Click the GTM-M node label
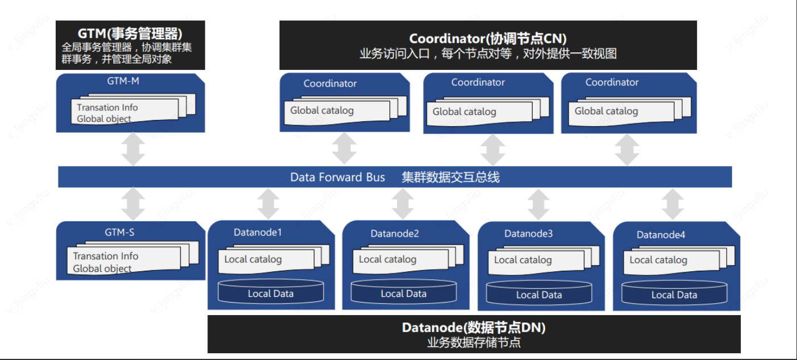pyautogui.click(x=123, y=81)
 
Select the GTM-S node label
pyautogui.click(x=119, y=232)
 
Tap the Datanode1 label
pyautogui.click(x=258, y=232)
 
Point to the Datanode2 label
pyautogui.click(x=395, y=233)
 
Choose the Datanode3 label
pyautogui.click(x=528, y=233)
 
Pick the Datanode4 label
pyautogui.click(x=661, y=234)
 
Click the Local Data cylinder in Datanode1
pyautogui.click(x=271, y=293)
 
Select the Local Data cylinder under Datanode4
pyautogui.click(x=674, y=294)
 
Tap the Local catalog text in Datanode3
pyautogui.click(x=522, y=260)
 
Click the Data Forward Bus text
pyautogui.click(x=338, y=177)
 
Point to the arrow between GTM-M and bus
pyautogui.click(x=133, y=150)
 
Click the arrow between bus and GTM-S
pyautogui.click(x=133, y=204)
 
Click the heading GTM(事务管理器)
pyautogui.click(x=130, y=34)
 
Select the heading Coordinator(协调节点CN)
pyautogui.click(x=488, y=39)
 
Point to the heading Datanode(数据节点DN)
pyautogui.click(x=474, y=328)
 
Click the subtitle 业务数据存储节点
pyautogui.click(x=474, y=342)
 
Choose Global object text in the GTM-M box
pyautogui.click(x=104, y=119)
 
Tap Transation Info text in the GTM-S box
pyautogui.click(x=105, y=256)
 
